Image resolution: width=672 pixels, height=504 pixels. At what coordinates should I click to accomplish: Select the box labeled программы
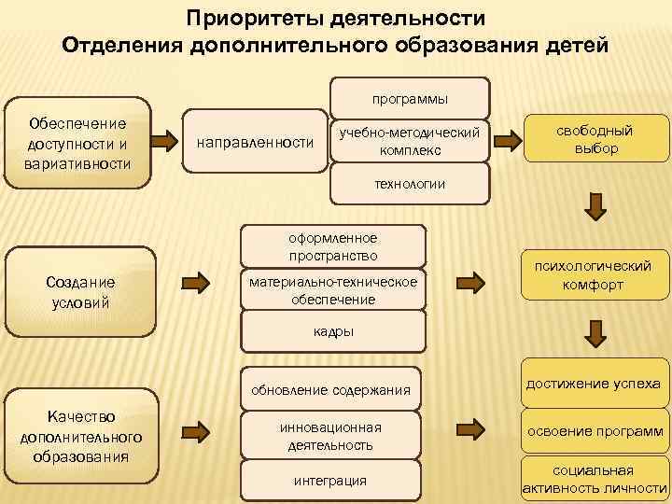click(x=410, y=98)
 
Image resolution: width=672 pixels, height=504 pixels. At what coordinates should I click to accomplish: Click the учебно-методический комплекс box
click(x=410, y=142)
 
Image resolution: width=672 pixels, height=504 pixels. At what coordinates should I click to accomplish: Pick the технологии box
click(x=410, y=185)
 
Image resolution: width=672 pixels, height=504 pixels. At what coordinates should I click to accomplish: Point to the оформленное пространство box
click(x=333, y=246)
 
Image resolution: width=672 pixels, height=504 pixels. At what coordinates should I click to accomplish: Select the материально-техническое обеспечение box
click(x=332, y=290)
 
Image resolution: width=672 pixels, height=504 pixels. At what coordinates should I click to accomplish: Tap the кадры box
click(x=333, y=331)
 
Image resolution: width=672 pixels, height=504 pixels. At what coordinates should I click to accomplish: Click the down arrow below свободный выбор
click(x=594, y=204)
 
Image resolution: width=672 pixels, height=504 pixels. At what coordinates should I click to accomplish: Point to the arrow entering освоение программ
click(x=473, y=430)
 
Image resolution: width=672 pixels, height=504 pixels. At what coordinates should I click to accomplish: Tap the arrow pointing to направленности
click(x=167, y=142)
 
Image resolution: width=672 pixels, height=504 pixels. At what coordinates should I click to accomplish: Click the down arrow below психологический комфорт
click(x=594, y=329)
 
